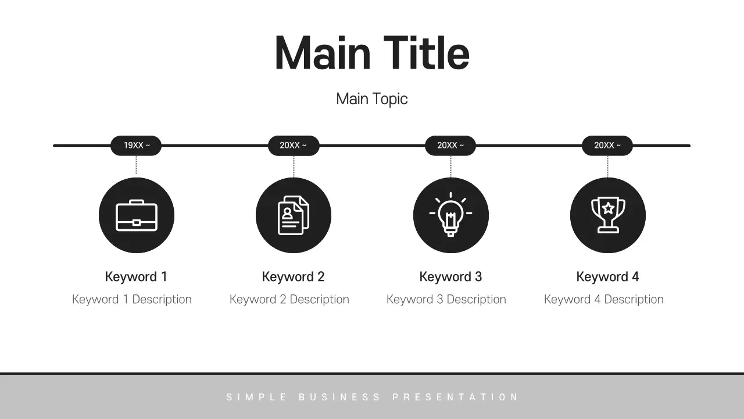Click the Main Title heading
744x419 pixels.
point(372,54)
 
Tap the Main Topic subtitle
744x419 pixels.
point(372,99)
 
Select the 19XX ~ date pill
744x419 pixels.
point(136,145)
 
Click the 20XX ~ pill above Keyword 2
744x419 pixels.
point(294,145)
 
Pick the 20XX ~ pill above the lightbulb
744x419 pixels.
point(450,145)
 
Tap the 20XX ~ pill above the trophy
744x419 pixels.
point(607,145)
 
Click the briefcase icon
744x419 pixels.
point(137,215)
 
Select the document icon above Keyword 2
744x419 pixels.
point(294,215)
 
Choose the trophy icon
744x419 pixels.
point(608,215)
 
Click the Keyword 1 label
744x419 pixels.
point(136,277)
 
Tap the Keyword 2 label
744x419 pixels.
point(293,277)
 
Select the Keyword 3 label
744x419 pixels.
point(450,277)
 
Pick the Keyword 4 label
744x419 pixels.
point(607,277)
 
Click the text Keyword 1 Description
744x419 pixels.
point(132,300)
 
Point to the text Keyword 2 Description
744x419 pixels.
point(289,300)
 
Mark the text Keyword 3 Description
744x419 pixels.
point(446,300)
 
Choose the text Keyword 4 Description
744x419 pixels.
point(604,300)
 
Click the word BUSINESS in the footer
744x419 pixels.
point(340,397)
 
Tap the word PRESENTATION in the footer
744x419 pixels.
point(455,397)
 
